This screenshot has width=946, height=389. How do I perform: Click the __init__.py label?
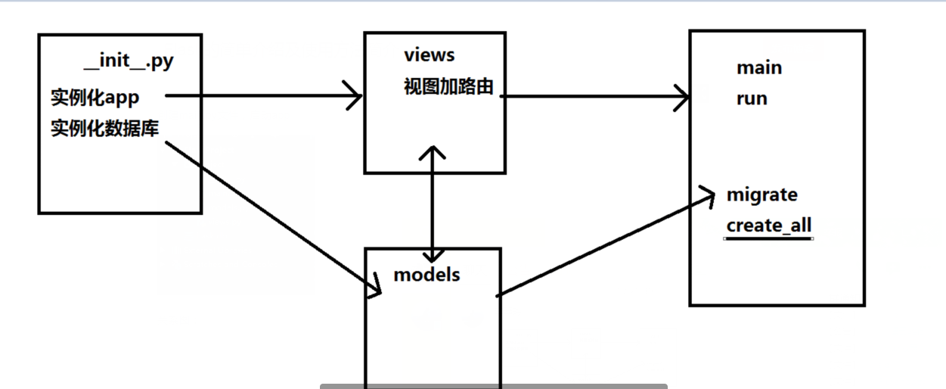click(x=130, y=62)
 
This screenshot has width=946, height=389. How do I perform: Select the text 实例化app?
click(x=95, y=98)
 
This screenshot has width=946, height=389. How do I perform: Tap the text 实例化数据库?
click(x=104, y=128)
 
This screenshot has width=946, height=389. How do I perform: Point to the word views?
click(x=430, y=54)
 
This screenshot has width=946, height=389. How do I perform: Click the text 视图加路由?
click(x=448, y=87)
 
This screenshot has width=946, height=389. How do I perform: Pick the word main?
click(x=759, y=68)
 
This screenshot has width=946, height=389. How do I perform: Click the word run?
click(x=752, y=98)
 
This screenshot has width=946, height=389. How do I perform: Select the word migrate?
click(x=761, y=194)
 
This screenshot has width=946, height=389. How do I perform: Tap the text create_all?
click(x=769, y=226)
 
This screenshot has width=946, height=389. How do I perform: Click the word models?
click(x=426, y=274)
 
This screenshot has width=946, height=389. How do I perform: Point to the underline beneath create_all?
click(x=768, y=238)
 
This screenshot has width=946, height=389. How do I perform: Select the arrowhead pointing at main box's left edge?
click(x=684, y=97)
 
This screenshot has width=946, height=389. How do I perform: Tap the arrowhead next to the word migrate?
click(x=709, y=194)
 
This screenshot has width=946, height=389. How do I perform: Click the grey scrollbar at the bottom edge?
click(x=493, y=386)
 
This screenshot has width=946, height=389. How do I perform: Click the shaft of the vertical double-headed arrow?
click(x=432, y=204)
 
